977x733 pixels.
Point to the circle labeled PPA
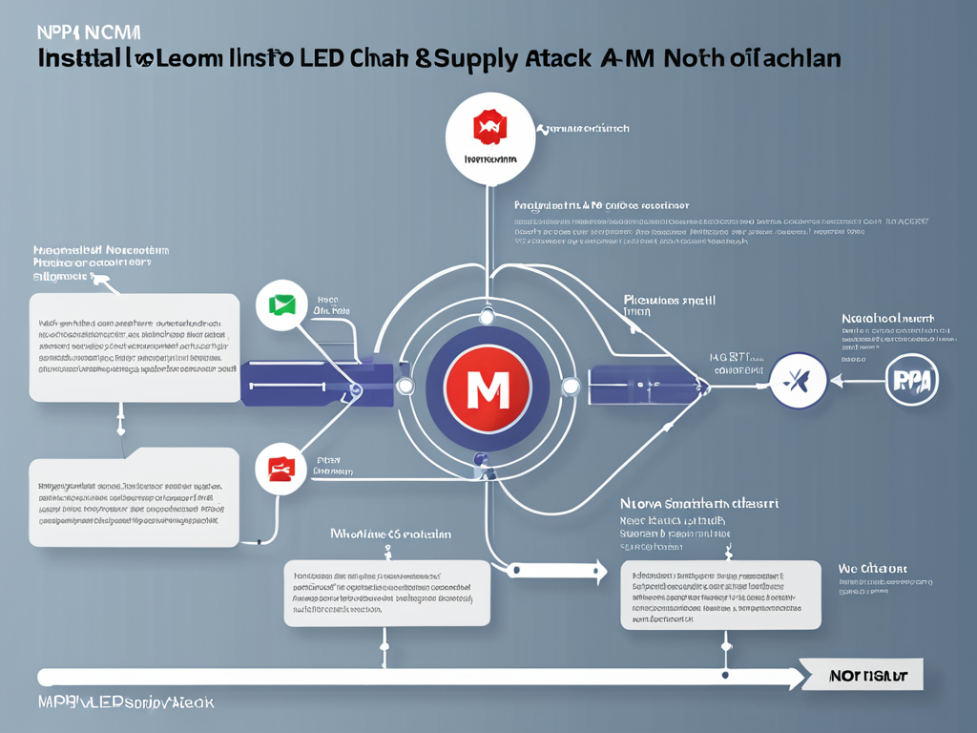pyautogui.click(x=912, y=381)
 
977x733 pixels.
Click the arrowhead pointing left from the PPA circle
pyautogui.click(x=837, y=381)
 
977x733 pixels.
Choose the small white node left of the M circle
pyautogui.click(x=405, y=387)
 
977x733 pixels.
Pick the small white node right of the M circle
pyautogui.click(x=571, y=387)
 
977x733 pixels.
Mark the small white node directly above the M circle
pyautogui.click(x=487, y=315)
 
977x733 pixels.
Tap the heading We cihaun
pyautogui.click(x=872, y=568)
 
